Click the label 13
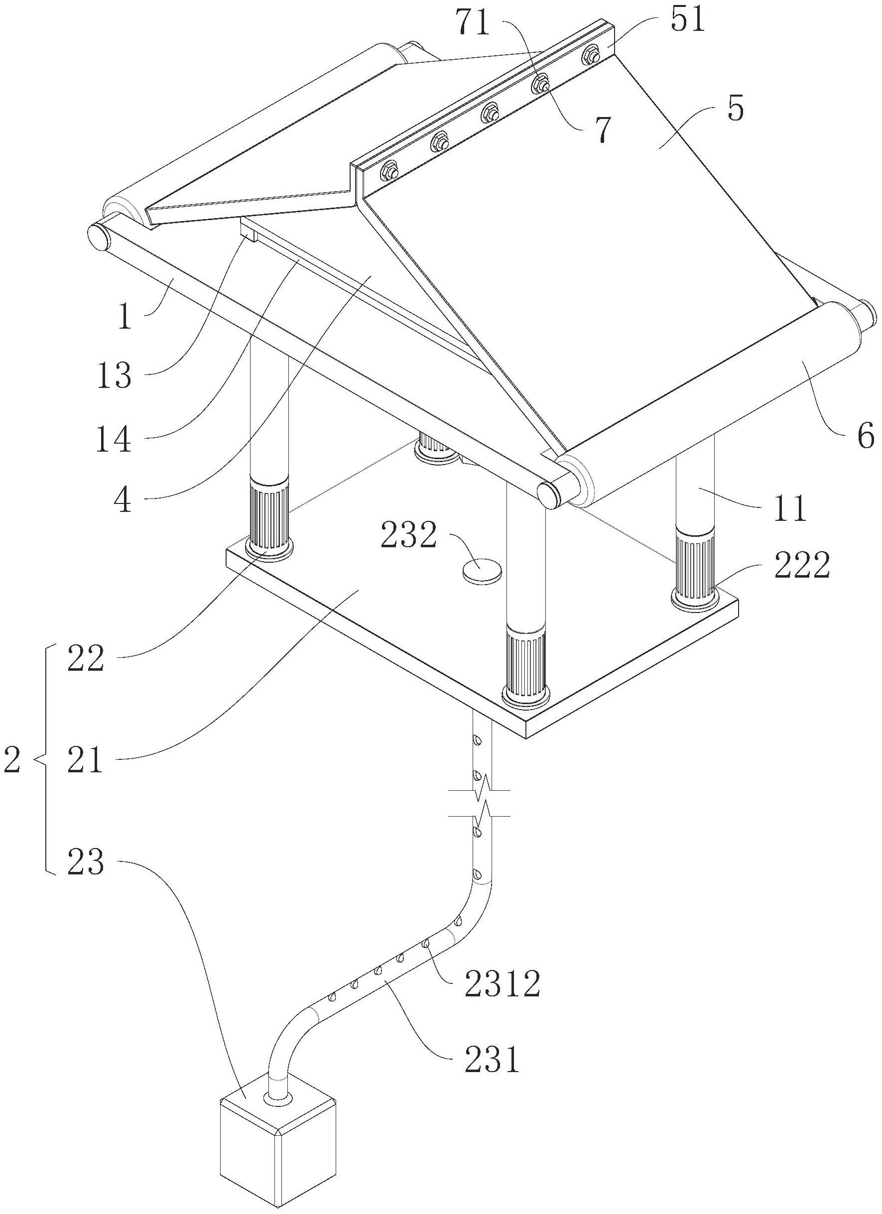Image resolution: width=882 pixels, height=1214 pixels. (x=114, y=376)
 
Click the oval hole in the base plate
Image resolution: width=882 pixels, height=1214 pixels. (x=482, y=570)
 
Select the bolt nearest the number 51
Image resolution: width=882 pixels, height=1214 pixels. (x=591, y=55)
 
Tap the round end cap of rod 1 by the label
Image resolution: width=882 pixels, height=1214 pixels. (x=98, y=236)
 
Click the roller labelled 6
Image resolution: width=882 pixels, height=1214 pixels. (x=709, y=405)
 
